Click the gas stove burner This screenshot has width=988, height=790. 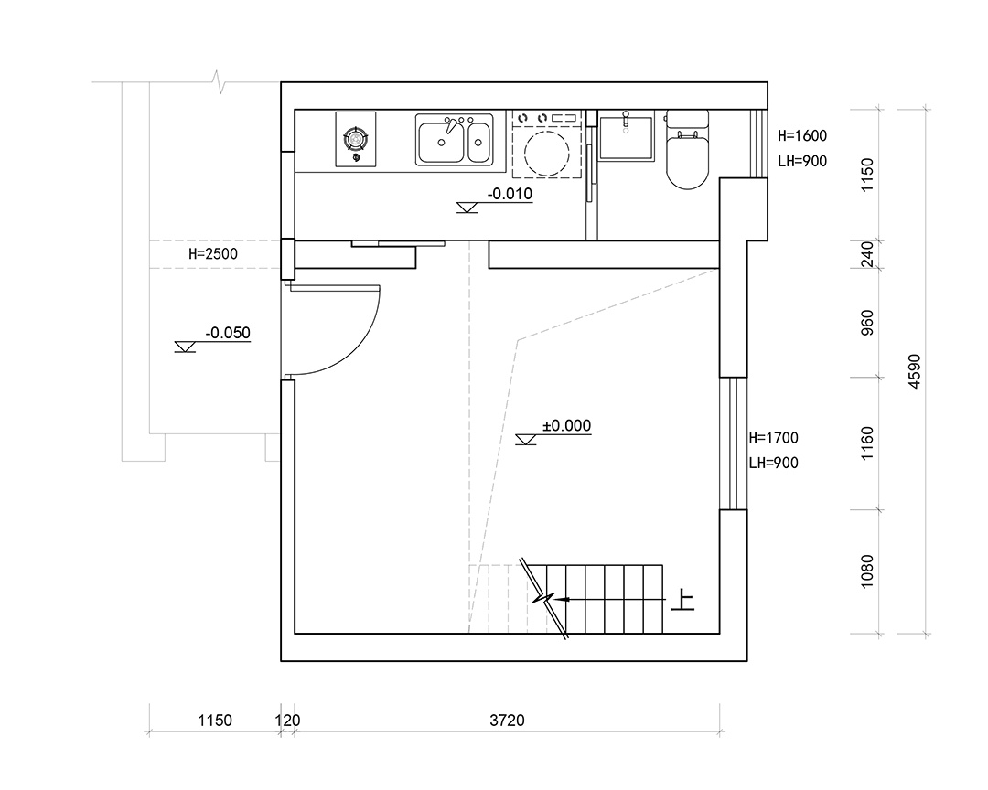pos(355,138)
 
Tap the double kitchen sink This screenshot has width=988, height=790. pos(454,139)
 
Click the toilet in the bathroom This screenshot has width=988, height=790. pos(687,150)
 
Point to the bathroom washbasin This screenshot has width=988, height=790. pos(626,137)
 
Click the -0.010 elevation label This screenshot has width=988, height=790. pos(510,194)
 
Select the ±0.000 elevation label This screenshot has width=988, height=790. pos(566,426)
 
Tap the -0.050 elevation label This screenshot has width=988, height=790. pos(228,333)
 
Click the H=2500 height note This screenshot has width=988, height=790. pos(213,254)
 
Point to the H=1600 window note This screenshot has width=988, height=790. pos(802,135)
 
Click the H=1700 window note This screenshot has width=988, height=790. pos(774,437)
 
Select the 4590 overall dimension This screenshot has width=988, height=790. pos(915,371)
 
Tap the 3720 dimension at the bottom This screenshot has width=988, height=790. pos(507,721)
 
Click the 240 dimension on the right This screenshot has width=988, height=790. pos(867,254)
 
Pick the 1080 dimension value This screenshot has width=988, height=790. pos(867,571)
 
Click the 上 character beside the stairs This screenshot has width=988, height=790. pos(682,600)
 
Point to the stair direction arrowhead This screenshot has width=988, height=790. pos(564,599)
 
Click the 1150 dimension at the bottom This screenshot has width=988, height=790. pos(215,721)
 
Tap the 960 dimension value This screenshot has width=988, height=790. pos(867,323)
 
